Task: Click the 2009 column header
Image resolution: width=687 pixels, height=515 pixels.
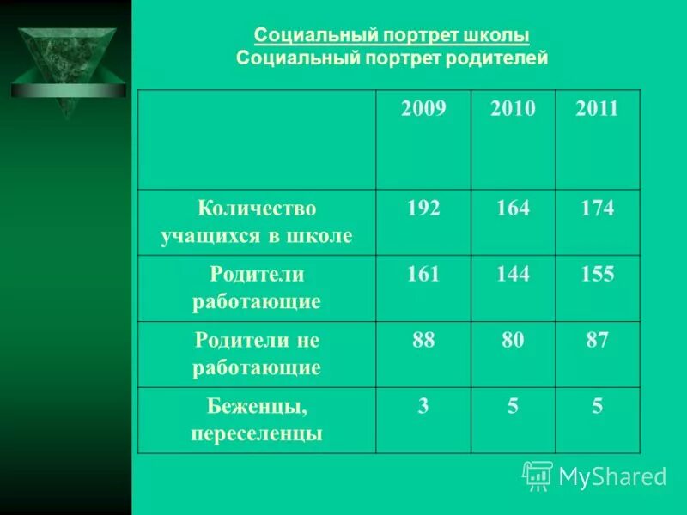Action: (423, 109)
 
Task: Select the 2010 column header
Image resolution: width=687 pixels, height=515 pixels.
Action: (512, 109)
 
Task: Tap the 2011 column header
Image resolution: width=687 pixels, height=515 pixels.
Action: (597, 109)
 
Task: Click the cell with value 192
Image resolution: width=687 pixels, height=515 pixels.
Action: (423, 208)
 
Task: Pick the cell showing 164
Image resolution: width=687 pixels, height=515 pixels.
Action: (512, 208)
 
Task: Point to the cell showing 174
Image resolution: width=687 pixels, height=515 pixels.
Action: (597, 208)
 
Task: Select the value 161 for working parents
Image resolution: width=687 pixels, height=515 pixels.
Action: (423, 274)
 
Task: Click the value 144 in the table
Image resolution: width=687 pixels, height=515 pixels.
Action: (512, 274)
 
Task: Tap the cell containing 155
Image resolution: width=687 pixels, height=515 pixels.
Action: (597, 274)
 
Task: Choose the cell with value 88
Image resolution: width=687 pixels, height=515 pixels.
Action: (423, 340)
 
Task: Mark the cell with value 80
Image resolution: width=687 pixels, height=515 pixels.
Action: (512, 340)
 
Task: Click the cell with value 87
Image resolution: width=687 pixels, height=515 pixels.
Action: (597, 340)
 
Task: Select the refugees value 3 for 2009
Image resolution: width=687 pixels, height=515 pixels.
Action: (423, 406)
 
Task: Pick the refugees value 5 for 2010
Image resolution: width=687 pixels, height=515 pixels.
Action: (512, 406)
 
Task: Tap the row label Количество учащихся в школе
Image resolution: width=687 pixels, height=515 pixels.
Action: (257, 221)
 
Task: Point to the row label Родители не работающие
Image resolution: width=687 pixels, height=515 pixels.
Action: (257, 354)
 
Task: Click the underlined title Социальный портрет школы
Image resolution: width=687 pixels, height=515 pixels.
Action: (392, 36)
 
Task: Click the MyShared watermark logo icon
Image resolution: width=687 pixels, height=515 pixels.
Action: (538, 476)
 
